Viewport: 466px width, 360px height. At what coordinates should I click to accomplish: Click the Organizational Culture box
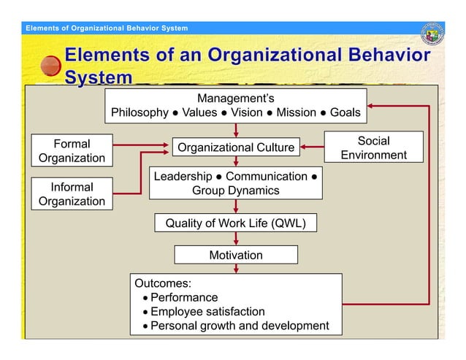(x=236, y=148)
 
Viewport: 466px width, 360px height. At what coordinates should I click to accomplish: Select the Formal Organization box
(x=72, y=150)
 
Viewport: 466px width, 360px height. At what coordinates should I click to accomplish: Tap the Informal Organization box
(x=72, y=194)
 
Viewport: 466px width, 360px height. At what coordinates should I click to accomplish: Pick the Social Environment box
(x=373, y=148)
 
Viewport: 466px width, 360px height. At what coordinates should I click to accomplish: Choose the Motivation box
(x=236, y=255)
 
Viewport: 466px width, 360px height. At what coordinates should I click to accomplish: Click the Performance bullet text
(x=184, y=297)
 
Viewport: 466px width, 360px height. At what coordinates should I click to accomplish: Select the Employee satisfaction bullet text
(x=207, y=312)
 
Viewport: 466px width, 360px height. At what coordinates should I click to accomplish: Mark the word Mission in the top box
(x=296, y=113)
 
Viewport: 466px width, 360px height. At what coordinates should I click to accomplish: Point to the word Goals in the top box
(x=345, y=113)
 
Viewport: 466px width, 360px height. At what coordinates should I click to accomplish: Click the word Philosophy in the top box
(x=140, y=113)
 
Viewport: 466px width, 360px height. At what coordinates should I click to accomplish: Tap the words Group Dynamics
(x=236, y=191)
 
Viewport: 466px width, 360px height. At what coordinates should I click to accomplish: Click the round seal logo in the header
(x=433, y=33)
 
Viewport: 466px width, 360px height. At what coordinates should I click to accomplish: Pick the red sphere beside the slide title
(x=50, y=65)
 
